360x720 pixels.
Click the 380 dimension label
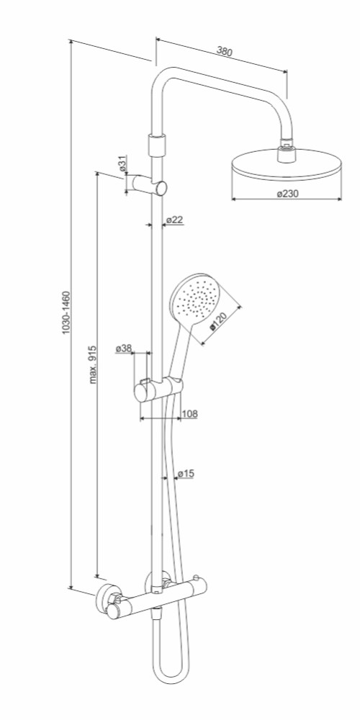(x=224, y=51)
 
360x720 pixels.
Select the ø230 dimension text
(x=287, y=194)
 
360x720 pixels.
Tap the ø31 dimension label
(x=122, y=164)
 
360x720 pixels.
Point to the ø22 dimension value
(x=174, y=220)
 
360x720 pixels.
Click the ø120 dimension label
(x=219, y=321)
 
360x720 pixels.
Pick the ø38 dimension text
(x=124, y=349)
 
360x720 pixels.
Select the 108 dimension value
(x=189, y=414)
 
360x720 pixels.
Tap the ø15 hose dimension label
(x=186, y=474)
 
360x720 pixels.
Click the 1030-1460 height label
(x=66, y=312)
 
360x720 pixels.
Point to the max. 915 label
(x=93, y=364)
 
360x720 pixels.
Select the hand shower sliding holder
(x=158, y=390)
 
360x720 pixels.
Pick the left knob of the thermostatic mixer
(x=114, y=611)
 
